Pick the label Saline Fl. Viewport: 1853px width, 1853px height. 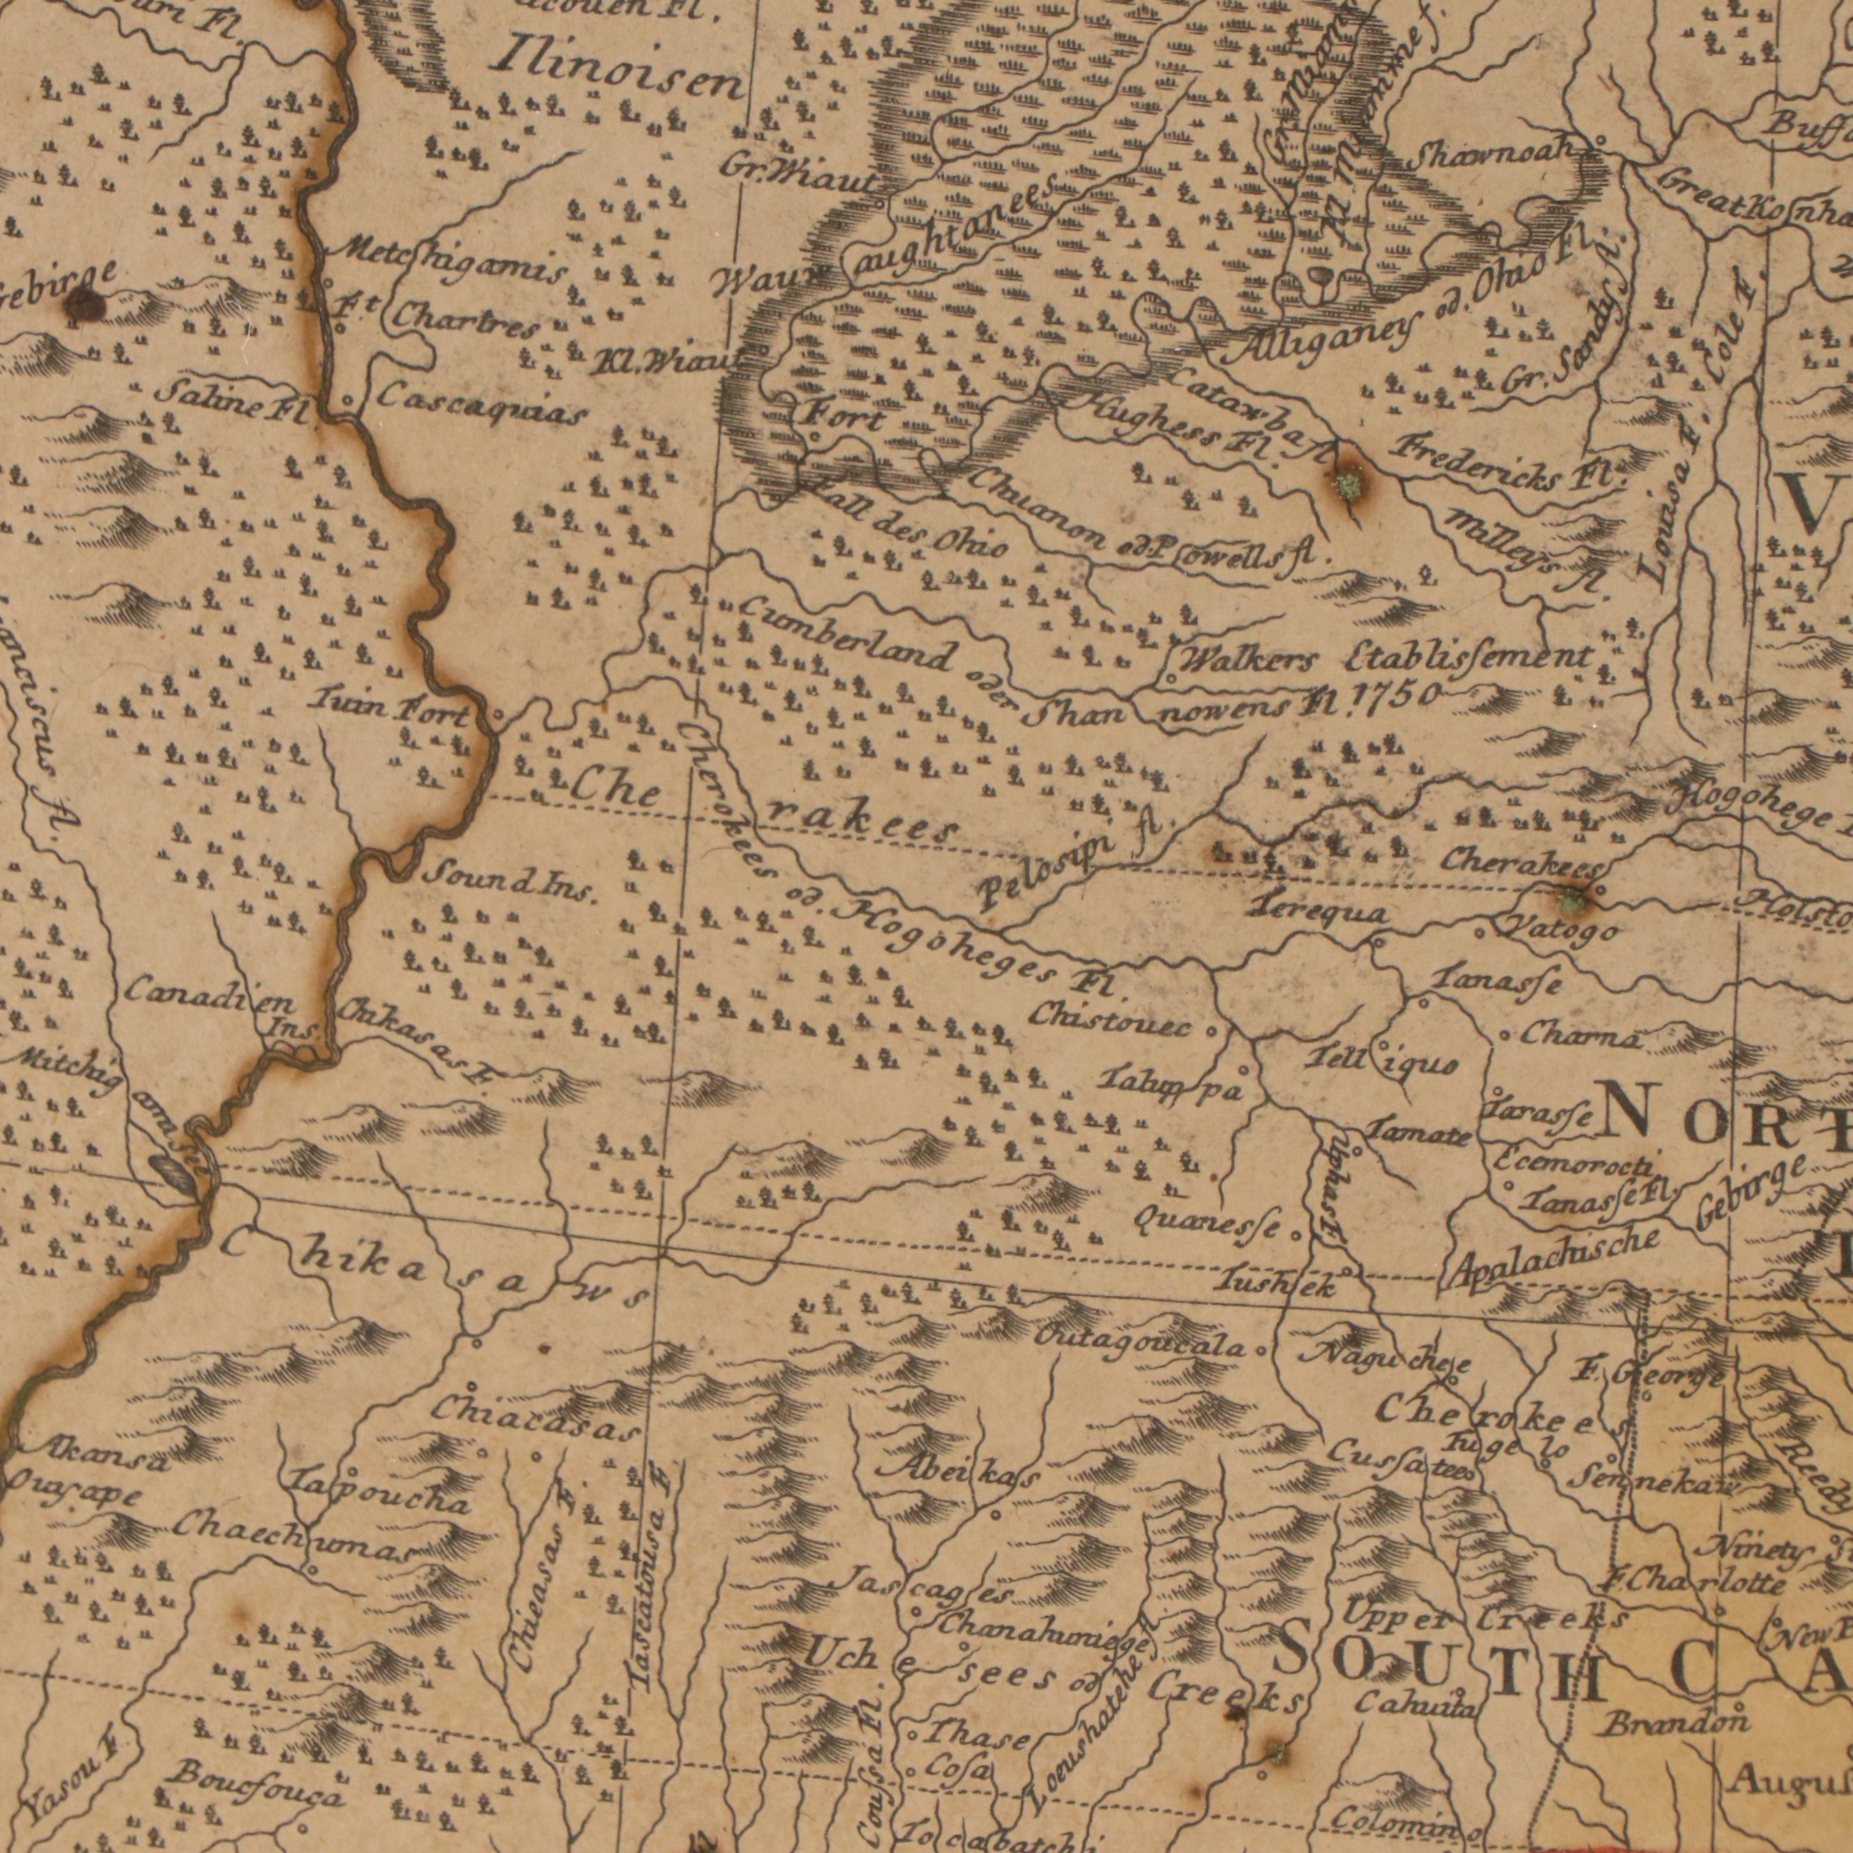click(x=230, y=398)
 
